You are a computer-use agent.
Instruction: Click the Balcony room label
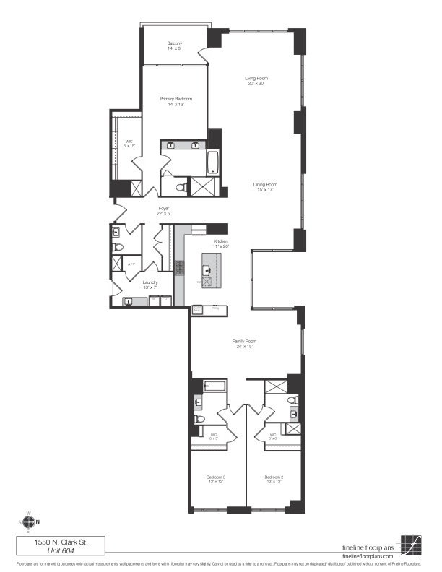tap(175, 44)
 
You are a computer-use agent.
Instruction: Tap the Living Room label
tap(256, 80)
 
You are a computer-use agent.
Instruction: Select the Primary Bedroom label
tap(177, 101)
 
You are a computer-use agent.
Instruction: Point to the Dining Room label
tap(265, 187)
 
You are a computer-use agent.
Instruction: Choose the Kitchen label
tap(220, 243)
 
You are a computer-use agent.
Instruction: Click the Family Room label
tap(245, 343)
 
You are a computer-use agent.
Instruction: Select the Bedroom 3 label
tap(214, 480)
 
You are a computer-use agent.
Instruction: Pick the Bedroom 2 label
tap(272, 480)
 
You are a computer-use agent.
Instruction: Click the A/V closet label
tap(131, 265)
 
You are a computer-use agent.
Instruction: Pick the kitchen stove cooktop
tap(179, 268)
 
